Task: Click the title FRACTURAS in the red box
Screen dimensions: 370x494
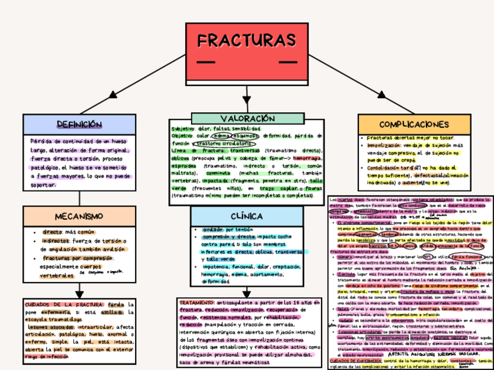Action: click(x=246, y=40)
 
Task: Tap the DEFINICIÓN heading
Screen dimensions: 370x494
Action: click(x=79, y=124)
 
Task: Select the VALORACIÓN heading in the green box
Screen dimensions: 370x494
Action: click(x=247, y=118)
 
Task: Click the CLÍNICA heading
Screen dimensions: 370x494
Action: click(x=246, y=216)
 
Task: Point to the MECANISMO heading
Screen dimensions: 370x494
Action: click(x=79, y=216)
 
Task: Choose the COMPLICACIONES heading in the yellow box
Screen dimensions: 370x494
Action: click(x=414, y=124)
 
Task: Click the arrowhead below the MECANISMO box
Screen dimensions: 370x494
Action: click(x=79, y=293)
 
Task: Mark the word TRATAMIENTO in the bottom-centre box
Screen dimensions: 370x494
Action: click(x=196, y=304)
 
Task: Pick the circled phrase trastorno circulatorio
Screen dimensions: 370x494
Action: click(x=224, y=143)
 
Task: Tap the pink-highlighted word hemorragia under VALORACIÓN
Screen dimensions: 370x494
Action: click(x=308, y=158)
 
